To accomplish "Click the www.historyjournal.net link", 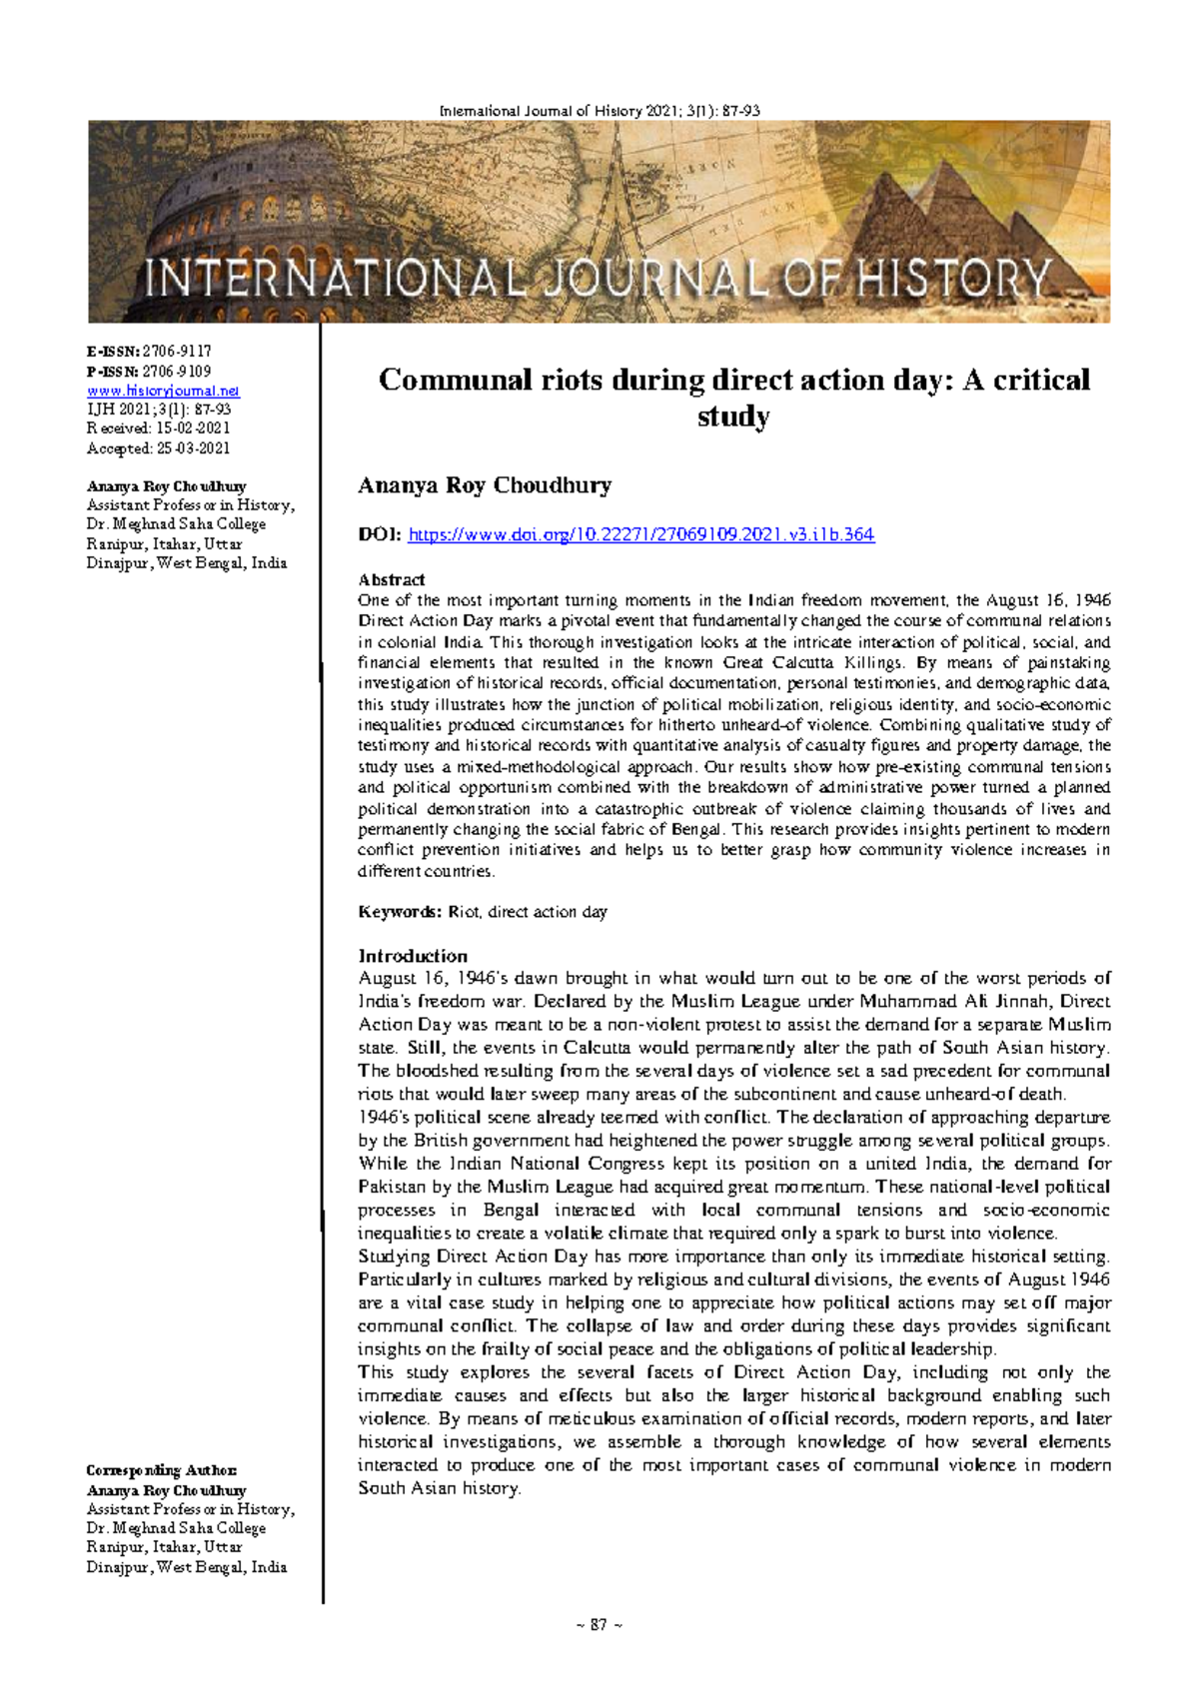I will (163, 391).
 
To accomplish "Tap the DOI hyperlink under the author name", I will (641, 535).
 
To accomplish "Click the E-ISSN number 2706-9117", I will (177, 352).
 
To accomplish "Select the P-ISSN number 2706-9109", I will (177, 371).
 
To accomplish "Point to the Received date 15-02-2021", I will (187, 428).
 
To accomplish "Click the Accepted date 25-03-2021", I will (192, 447).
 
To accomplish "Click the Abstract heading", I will (391, 579).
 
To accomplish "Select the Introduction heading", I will (413, 956).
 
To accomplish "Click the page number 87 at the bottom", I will (599, 1625).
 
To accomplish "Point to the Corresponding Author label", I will (161, 1470).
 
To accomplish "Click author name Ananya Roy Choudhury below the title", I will (485, 486).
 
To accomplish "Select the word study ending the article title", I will (732, 417).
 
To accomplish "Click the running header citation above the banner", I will (599, 111).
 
